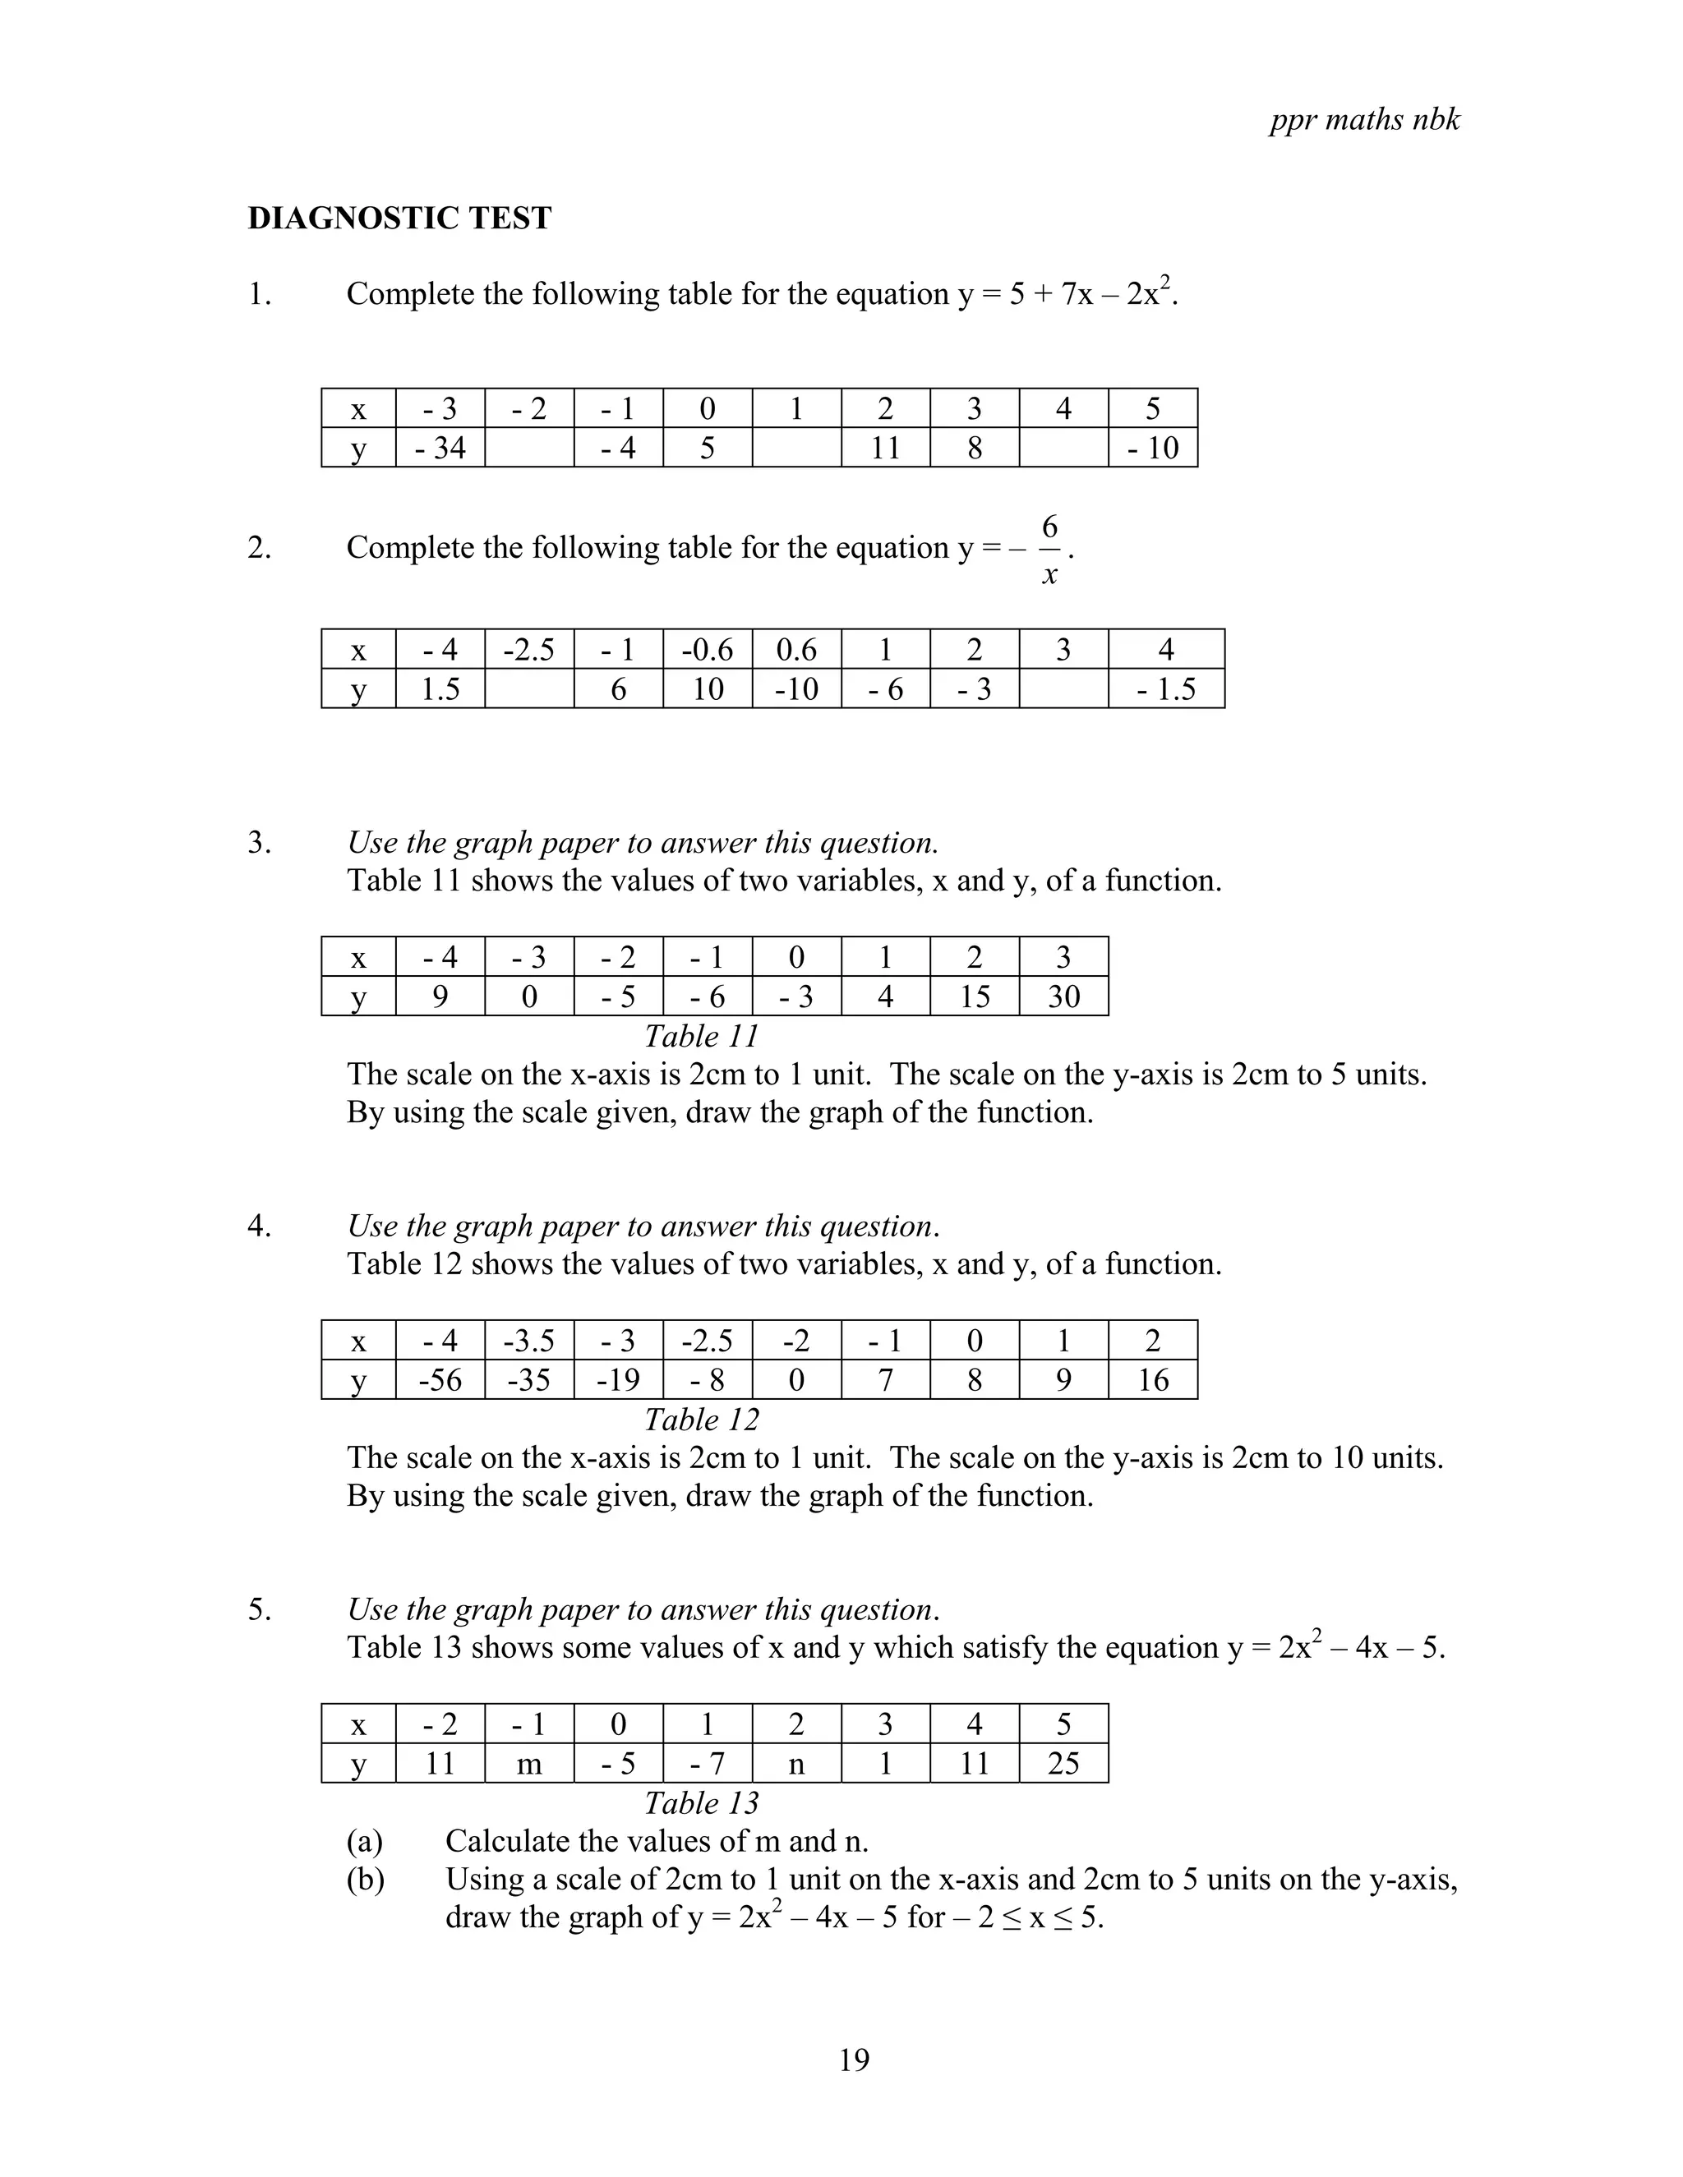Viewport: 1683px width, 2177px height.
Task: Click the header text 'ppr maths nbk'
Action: (x=1364, y=120)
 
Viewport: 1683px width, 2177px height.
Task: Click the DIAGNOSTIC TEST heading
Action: (x=399, y=219)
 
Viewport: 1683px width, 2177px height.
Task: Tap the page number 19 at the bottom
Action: (x=854, y=2060)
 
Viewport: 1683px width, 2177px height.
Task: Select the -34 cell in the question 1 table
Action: (x=440, y=448)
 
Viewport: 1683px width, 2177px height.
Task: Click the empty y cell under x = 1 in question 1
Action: (x=795, y=448)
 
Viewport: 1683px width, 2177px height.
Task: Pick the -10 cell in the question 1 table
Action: (x=1153, y=448)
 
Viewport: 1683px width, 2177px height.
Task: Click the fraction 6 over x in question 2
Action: (x=1049, y=550)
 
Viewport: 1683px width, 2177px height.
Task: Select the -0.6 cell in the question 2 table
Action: (x=707, y=650)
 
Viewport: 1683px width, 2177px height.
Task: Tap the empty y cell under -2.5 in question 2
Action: (x=528, y=688)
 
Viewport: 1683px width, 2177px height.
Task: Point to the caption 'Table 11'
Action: (x=701, y=1036)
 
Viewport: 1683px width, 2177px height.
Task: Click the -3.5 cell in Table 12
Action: (x=528, y=1341)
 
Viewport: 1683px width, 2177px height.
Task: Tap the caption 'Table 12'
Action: (x=701, y=1420)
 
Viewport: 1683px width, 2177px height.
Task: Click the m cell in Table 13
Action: (x=528, y=1763)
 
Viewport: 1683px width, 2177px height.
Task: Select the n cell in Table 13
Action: (x=795, y=1763)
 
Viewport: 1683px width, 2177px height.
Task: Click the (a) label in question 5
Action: (x=365, y=1840)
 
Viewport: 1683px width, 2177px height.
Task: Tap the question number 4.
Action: (x=259, y=1226)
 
